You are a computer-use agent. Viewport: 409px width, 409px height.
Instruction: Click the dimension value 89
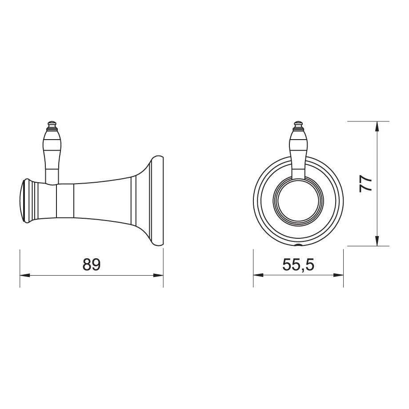(x=92, y=265)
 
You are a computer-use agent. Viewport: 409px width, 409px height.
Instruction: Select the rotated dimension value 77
(x=365, y=183)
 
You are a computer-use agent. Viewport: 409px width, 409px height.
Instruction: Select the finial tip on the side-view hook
(x=52, y=121)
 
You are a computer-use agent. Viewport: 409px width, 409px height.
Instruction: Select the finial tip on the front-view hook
(x=298, y=121)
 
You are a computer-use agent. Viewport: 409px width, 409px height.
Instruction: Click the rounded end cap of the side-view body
(x=26, y=201)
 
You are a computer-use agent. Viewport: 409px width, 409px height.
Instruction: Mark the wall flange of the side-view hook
(x=158, y=201)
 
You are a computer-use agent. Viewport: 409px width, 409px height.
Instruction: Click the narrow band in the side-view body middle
(x=65, y=201)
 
